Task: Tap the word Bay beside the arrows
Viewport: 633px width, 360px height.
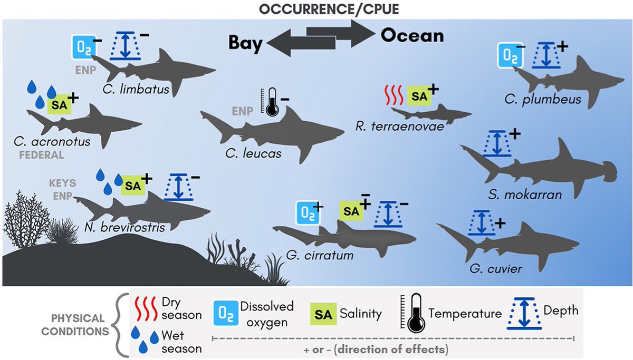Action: click(x=245, y=43)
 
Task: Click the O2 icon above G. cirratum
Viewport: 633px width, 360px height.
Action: click(x=308, y=215)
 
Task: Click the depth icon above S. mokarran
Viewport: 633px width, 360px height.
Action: click(x=496, y=143)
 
